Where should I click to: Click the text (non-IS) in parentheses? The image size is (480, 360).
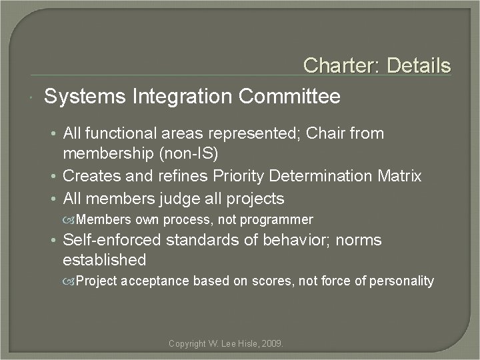(x=196, y=154)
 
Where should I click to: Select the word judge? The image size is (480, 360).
(x=183, y=199)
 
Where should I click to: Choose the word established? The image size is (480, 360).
(x=104, y=259)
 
